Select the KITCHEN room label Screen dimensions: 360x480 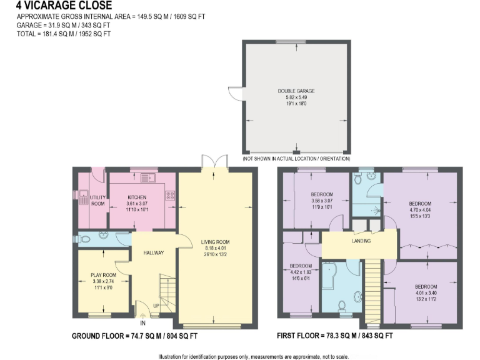136,197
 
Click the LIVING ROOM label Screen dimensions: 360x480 215,242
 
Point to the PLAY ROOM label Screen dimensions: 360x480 103,276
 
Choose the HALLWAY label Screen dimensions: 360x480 153,253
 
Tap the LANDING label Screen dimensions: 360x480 361,241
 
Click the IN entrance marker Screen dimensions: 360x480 142,323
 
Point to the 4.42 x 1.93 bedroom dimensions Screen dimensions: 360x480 301,272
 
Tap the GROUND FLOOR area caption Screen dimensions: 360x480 135,336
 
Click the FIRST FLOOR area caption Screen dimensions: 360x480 335,336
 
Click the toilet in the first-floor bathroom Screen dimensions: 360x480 342,306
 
